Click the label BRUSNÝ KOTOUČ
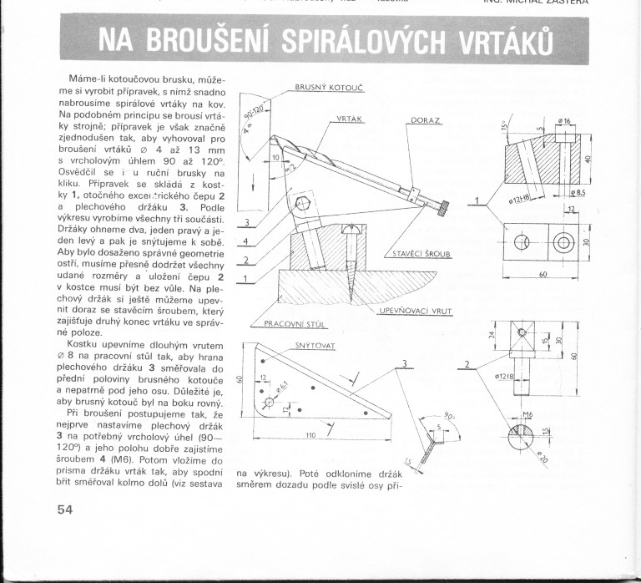(327, 87)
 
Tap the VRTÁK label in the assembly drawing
(347, 119)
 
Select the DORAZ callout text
(426, 120)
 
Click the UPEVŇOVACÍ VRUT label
(415, 311)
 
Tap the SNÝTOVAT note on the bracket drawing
(315, 344)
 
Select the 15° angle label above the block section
(505, 127)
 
